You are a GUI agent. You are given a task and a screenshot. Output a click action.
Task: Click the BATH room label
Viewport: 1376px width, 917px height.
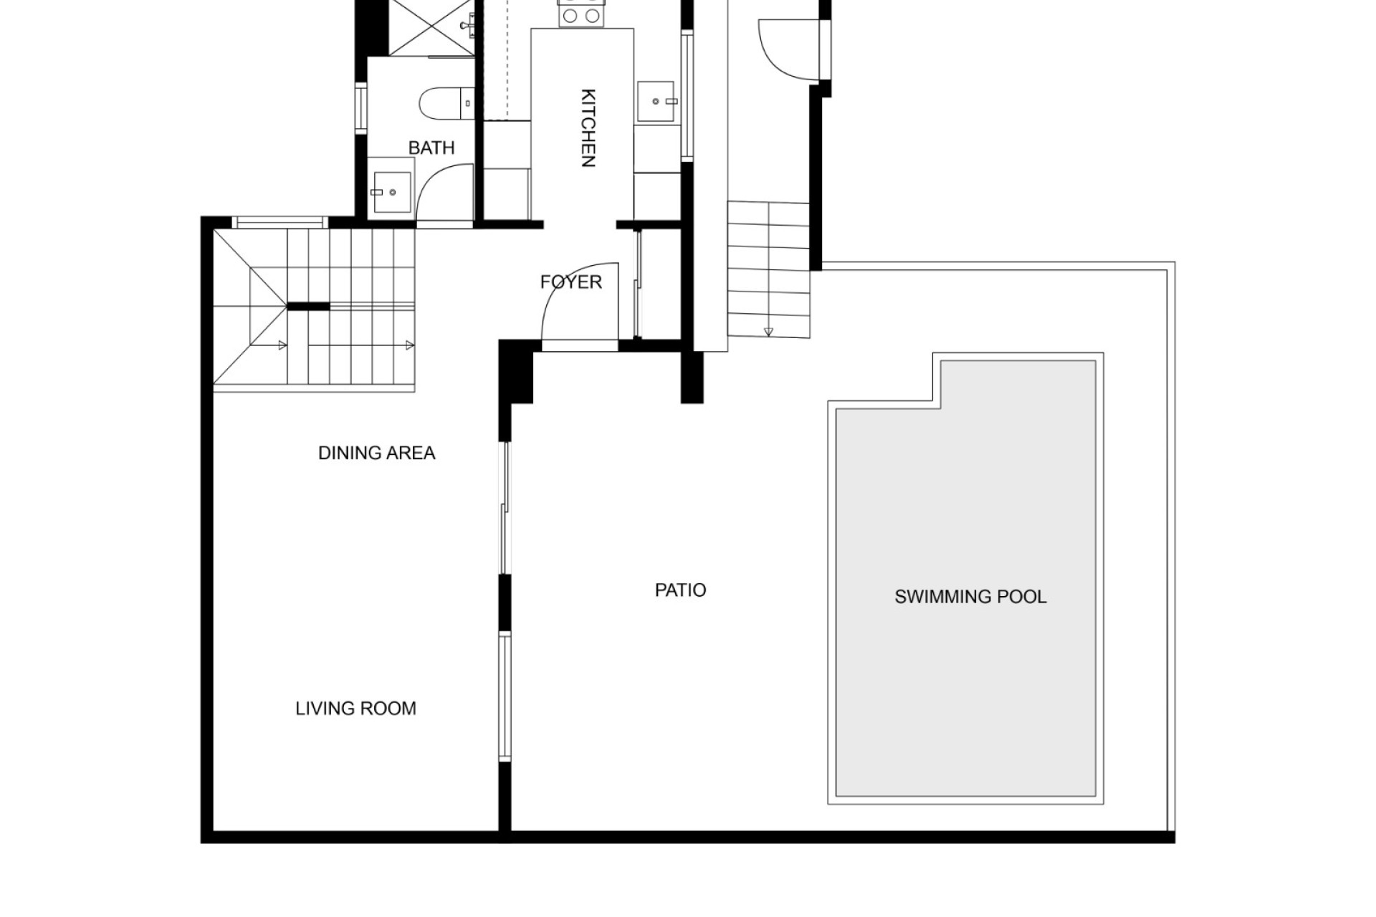click(431, 148)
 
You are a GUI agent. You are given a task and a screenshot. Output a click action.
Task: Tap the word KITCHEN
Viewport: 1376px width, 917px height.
click(588, 128)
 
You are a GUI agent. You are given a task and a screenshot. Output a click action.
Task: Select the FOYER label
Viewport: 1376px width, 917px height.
click(571, 282)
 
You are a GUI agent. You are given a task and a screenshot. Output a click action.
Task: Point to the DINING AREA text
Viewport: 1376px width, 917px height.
click(377, 453)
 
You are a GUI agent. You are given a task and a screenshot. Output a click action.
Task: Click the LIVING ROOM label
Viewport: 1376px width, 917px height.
click(356, 709)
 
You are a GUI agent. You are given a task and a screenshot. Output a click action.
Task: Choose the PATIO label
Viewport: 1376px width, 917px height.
click(681, 590)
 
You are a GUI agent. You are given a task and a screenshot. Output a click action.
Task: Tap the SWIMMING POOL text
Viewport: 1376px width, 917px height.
click(970, 597)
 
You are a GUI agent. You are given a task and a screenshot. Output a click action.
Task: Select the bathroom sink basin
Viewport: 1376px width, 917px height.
click(392, 192)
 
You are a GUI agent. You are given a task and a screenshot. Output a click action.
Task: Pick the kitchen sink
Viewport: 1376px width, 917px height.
click(656, 102)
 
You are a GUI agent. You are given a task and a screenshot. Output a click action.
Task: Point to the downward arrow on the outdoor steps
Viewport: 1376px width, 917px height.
click(769, 332)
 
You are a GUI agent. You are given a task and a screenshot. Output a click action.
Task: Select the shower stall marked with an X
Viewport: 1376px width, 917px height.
click(432, 27)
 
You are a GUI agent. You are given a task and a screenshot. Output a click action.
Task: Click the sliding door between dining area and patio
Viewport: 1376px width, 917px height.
click(505, 508)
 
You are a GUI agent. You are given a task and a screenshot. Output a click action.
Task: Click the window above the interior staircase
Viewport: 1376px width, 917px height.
click(282, 222)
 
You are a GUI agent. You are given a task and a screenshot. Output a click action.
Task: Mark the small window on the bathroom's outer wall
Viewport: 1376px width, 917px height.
click(361, 108)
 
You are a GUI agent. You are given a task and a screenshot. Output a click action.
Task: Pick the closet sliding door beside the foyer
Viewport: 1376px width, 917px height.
click(638, 283)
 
